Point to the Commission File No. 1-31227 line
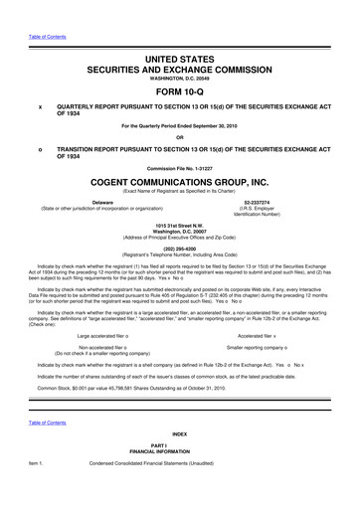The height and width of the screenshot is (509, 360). [x=180, y=167]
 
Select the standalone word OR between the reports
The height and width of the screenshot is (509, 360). [x=180, y=137]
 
